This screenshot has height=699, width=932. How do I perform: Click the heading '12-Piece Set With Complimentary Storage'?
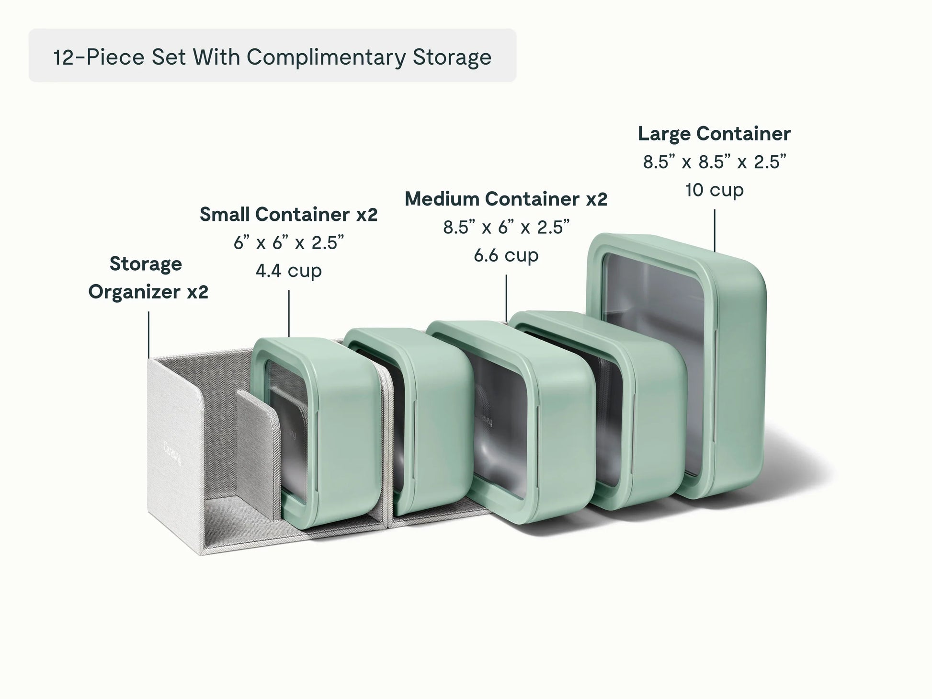[272, 57]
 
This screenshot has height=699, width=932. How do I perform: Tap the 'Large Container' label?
[714, 134]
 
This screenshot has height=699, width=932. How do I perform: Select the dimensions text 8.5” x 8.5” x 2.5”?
[715, 162]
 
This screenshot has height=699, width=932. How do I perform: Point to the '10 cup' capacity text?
[714, 190]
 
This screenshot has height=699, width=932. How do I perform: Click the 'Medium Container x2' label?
[506, 199]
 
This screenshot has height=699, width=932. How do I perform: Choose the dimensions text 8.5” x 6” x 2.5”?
[506, 227]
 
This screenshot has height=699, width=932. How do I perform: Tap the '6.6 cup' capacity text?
[506, 255]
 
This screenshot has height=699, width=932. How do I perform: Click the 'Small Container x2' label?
[288, 214]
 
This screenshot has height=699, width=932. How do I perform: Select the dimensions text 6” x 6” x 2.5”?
[289, 243]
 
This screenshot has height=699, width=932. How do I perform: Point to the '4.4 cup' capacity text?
[289, 271]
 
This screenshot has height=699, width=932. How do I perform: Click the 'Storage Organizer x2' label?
[148, 277]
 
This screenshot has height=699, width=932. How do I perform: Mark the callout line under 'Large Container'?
[715, 230]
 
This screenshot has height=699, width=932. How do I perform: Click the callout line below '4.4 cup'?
[289, 313]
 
